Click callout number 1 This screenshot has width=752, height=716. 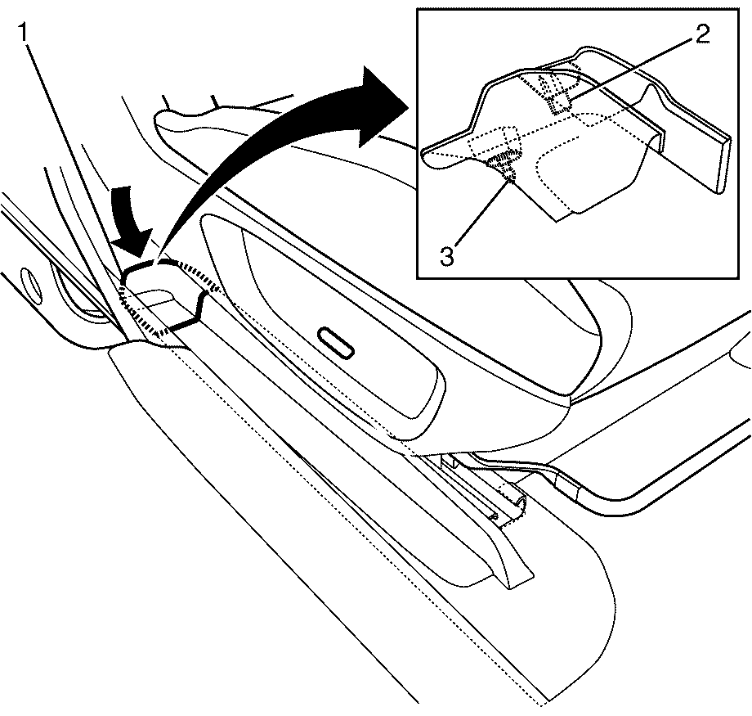pyautogui.click(x=24, y=33)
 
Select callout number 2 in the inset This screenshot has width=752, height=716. pyautogui.click(x=701, y=34)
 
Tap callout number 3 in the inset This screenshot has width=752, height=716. pyautogui.click(x=447, y=256)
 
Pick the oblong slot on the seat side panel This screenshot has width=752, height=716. pyautogui.click(x=337, y=343)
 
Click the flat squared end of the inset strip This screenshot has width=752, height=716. pyautogui.click(x=724, y=164)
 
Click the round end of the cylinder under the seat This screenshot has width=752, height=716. pyautogui.click(x=519, y=504)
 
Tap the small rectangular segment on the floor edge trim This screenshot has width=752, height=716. pyautogui.click(x=566, y=490)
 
